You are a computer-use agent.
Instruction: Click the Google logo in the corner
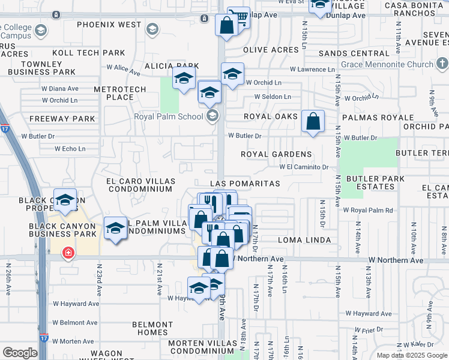coord(20,353)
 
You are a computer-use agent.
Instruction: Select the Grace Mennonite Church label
coord(387,64)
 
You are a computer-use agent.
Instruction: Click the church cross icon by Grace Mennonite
coord(442,64)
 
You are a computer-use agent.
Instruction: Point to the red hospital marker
coord(69,253)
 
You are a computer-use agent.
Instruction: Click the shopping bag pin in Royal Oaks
coord(313,121)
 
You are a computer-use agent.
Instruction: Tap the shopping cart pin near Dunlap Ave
coord(239,17)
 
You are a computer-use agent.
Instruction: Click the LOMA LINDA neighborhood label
coord(304,240)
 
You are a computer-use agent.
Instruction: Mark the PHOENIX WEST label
coord(109,25)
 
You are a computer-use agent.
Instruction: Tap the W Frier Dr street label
coord(369,329)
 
